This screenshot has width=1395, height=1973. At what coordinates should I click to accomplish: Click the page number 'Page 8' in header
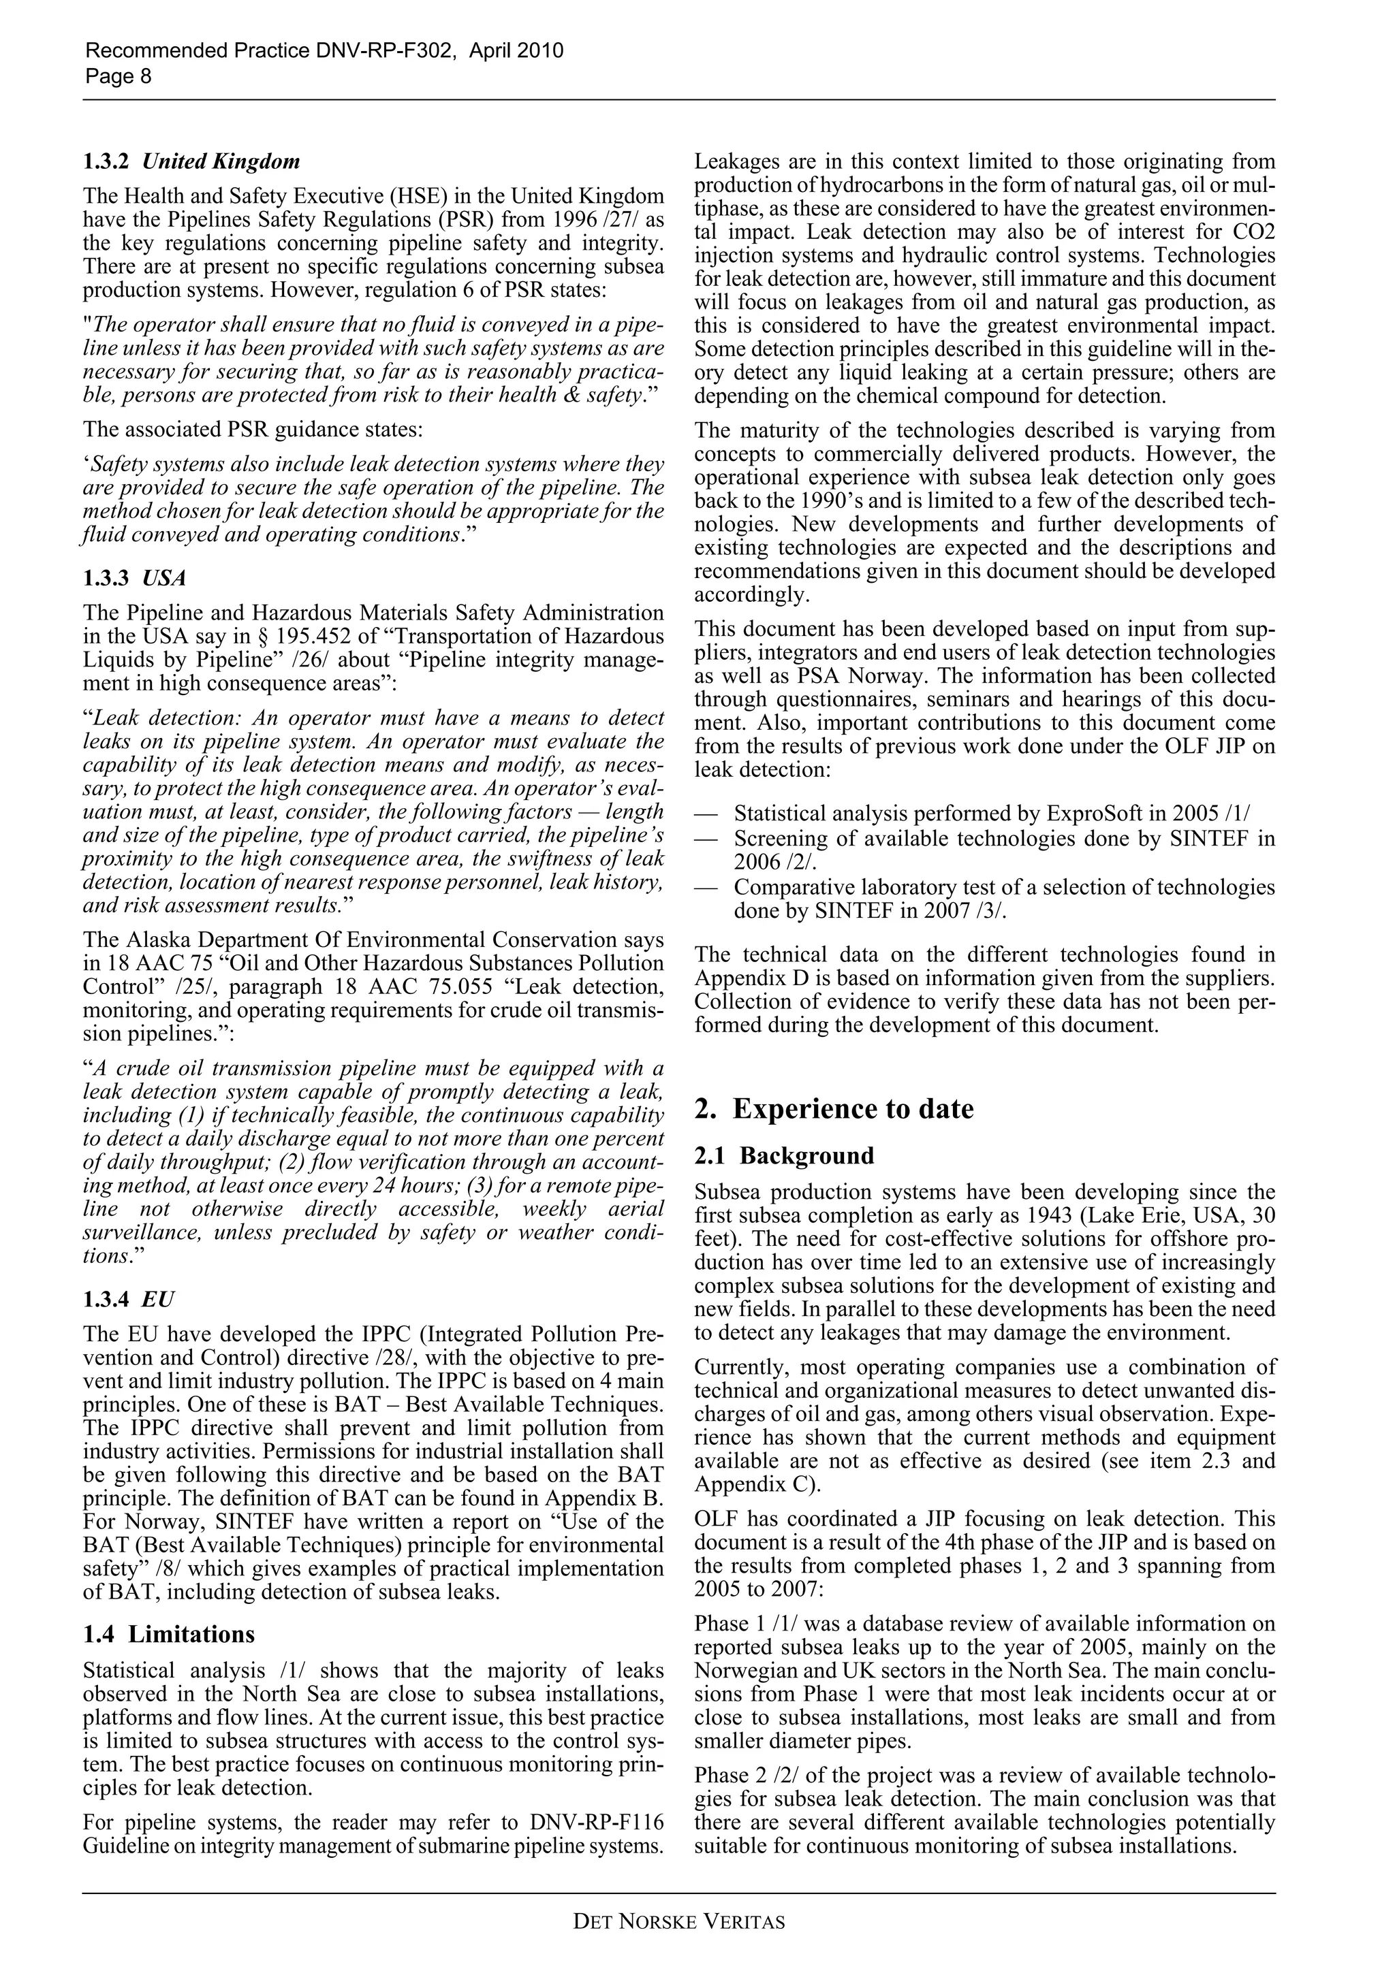pos(118,76)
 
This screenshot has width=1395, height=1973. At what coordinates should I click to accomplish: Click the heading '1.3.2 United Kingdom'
pos(191,161)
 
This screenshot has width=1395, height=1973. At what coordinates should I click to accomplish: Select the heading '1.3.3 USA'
pos(134,577)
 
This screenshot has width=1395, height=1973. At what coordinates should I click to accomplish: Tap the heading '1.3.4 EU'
pos(128,1298)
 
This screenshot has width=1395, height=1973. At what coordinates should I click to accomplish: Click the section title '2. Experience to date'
pos(834,1108)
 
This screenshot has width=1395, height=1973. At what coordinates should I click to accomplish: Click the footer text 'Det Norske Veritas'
pos(679,1921)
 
